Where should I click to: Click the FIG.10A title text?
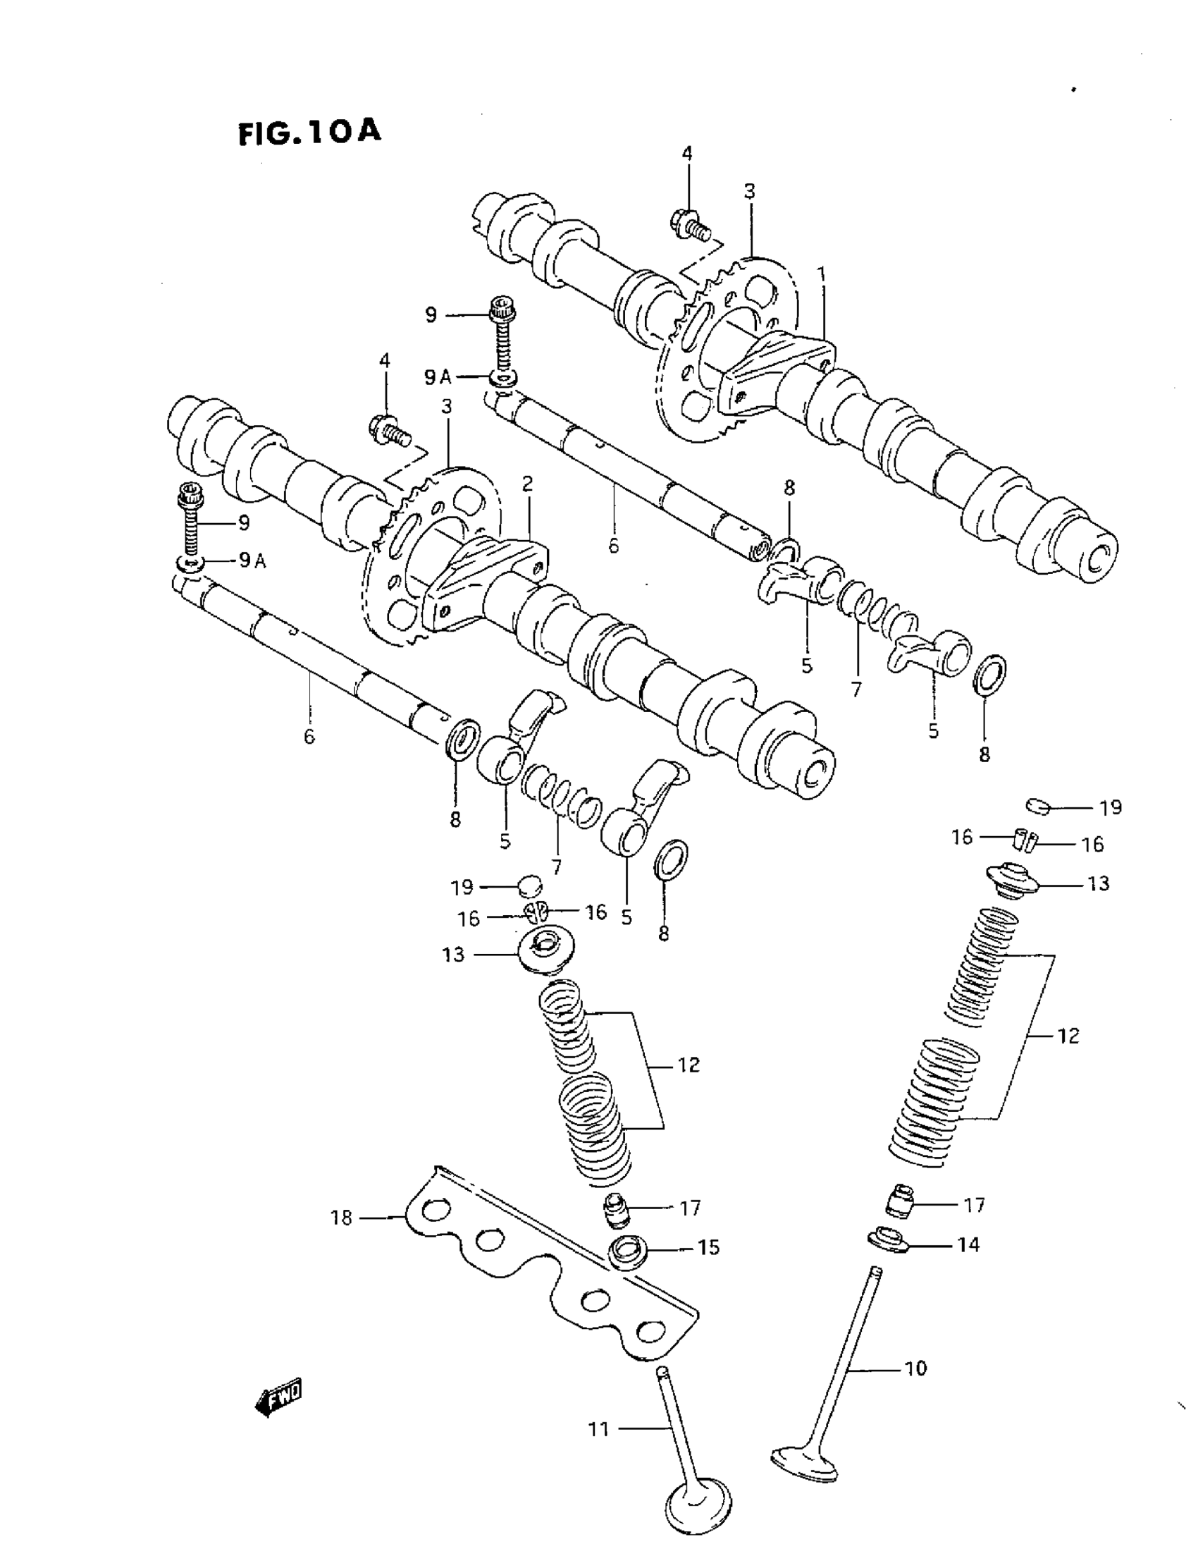[309, 133]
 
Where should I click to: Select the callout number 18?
[342, 1218]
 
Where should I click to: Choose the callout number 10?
[915, 1368]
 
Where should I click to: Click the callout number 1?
[821, 274]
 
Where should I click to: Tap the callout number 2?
[527, 484]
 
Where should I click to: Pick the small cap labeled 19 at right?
[1039, 806]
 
